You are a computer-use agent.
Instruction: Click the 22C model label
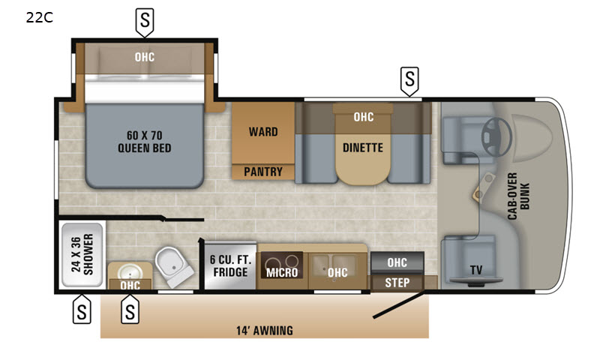coord(40,17)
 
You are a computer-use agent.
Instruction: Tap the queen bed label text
coord(144,142)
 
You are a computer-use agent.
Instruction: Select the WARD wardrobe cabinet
coord(263,133)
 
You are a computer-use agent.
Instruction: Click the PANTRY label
coord(263,172)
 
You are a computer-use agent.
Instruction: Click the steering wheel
coord(496,136)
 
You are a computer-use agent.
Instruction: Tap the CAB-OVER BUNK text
coord(518,196)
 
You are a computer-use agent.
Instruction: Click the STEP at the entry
coord(397,283)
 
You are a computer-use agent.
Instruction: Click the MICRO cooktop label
coord(282,272)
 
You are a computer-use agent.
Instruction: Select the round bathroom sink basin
coord(130,272)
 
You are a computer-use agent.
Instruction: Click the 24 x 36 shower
coord(82,255)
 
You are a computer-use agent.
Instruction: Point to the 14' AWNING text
coord(265,331)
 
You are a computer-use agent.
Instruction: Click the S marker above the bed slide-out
coord(145,22)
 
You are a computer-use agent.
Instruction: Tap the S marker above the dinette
coord(409,81)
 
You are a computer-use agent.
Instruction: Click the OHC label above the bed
coord(145,57)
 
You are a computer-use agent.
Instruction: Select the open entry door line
coord(399,305)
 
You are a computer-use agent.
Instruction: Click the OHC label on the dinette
coord(364,117)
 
